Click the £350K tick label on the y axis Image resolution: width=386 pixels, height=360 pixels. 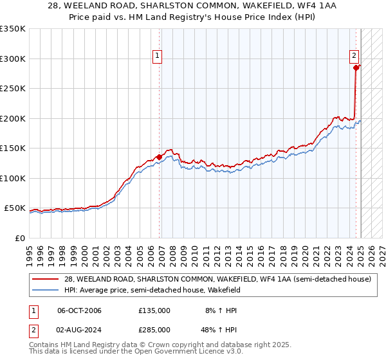point(13,29)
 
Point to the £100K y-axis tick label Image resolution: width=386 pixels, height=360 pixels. point(13,178)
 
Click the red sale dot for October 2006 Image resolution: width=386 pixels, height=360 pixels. point(159,157)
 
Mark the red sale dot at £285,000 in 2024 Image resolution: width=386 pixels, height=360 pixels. point(356,67)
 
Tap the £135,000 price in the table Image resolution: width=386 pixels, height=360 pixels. point(154,310)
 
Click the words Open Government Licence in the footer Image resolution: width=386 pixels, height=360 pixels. point(173,353)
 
